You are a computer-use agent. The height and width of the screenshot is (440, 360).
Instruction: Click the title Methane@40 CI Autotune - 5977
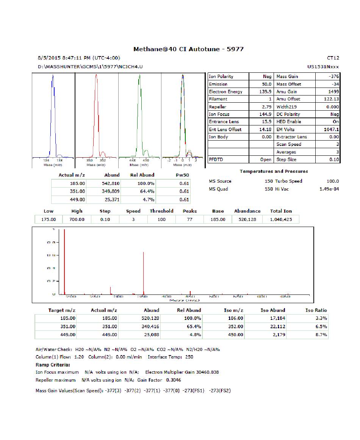click(188, 49)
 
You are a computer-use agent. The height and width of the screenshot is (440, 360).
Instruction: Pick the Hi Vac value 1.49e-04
click(329, 189)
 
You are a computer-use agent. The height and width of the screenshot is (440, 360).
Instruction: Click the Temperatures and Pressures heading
click(274, 172)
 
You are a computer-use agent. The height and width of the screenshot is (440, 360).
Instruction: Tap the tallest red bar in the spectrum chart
click(64, 261)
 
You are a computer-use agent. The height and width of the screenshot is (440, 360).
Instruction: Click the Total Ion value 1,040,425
click(281, 219)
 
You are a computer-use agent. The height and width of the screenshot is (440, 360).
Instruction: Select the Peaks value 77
click(190, 219)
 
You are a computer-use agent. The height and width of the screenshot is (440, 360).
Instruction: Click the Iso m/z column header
click(233, 310)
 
